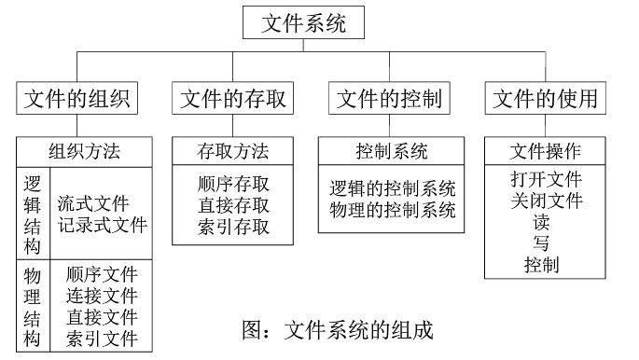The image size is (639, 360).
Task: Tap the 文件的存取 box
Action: coord(232,98)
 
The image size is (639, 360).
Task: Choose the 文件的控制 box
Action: coord(388,98)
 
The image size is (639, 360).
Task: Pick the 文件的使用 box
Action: coord(545,98)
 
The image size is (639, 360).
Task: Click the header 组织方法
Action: coord(84,151)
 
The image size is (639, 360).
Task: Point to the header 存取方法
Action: coord(233,151)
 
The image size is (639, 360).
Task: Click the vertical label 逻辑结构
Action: coord(32,214)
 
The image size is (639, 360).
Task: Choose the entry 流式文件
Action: coord(92,203)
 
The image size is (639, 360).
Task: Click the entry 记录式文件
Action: coord(102,226)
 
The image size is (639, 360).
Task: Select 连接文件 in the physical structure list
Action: coord(102,297)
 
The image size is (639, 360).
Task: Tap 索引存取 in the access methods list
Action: coord(233,227)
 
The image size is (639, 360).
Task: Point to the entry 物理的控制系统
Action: coord(392,210)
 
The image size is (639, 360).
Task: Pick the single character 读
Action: coord(541,223)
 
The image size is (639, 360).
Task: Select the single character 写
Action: coord(541,244)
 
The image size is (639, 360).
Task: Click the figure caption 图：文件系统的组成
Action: coord(337,329)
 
